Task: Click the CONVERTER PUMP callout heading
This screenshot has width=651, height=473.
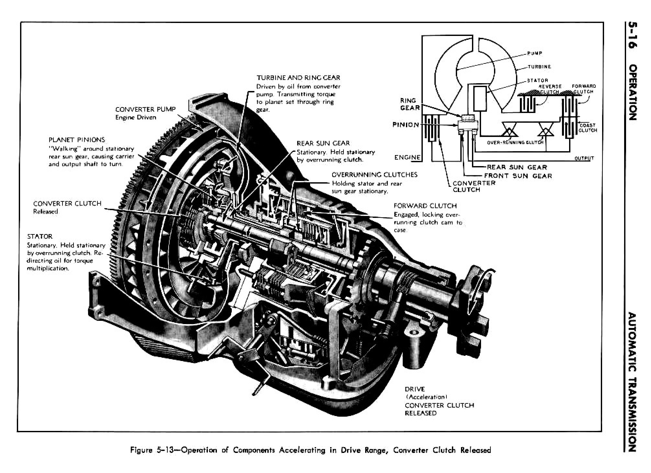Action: (145, 109)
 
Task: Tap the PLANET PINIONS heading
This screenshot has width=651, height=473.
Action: (77, 140)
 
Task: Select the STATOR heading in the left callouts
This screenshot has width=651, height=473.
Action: (40, 236)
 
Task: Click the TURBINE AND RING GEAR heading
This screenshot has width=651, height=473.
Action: (298, 78)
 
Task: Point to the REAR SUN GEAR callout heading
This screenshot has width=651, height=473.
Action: (323, 143)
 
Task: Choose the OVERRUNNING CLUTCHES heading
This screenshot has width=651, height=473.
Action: (374, 175)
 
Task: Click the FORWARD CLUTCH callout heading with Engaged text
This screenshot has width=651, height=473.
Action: (425, 206)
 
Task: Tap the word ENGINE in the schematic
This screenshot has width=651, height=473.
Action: (407, 158)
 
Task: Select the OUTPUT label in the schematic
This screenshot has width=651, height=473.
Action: (584, 158)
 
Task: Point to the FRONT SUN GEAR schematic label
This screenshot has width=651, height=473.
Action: (518, 176)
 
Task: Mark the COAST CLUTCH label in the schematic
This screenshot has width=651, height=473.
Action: (587, 128)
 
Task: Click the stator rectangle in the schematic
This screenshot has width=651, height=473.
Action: (480, 98)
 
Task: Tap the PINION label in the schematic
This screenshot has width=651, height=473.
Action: (405, 125)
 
